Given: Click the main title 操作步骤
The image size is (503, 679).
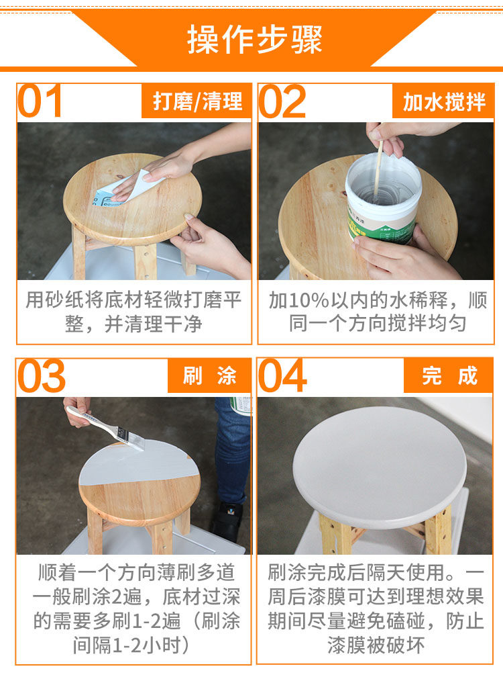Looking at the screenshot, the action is click(255, 40).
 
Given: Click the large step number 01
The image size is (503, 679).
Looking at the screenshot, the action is click(40, 101).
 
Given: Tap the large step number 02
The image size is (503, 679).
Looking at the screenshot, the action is click(282, 101).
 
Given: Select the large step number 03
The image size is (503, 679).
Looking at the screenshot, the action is click(41, 376).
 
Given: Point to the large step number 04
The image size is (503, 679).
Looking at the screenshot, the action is click(282, 376).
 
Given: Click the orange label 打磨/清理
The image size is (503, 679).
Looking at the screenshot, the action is click(197, 101).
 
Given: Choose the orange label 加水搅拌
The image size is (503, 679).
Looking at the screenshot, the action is click(443, 101).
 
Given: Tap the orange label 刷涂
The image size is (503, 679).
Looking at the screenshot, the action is click(209, 375).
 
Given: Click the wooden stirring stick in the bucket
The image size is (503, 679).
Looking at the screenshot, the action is click(378, 168).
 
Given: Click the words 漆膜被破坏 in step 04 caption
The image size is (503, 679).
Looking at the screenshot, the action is click(376, 645).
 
